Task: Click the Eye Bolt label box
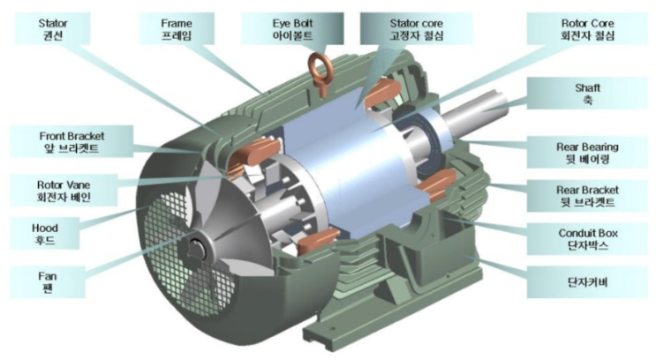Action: coord(292,28)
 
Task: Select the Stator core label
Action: coord(416,28)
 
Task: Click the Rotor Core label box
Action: coord(587,28)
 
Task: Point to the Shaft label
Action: coord(587,94)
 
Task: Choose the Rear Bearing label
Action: coord(587,152)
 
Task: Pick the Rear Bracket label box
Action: coord(587,196)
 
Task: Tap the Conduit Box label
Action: coord(587,239)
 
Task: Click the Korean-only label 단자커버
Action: coord(587,282)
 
